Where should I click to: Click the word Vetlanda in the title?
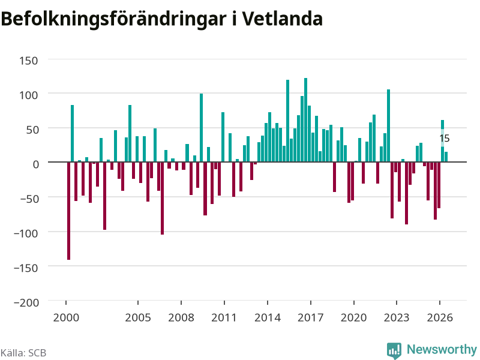pos(282,19)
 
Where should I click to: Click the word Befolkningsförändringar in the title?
pos(113,20)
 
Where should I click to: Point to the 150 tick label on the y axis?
pos(28,61)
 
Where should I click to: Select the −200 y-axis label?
pos(26,302)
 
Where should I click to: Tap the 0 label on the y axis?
pos(36,164)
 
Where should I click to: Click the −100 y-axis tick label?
pos(26,233)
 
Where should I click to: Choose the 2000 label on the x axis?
pos(66,317)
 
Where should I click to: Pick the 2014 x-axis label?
pos(268,317)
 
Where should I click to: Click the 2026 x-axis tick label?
pos(440,317)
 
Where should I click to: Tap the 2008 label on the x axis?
pos(181,317)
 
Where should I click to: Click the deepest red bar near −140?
pos(68,211)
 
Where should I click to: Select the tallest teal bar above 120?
pos(305,119)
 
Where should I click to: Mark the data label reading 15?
pos(445,139)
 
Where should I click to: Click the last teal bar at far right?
pos(446,157)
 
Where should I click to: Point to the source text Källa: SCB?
pos(23,353)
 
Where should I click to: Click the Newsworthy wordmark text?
pos(442,349)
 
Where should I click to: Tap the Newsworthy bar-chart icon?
pos(394,350)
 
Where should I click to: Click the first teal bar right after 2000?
pos(72,133)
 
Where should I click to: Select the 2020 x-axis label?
pos(353,317)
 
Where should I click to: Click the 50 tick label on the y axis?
pos(32,130)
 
